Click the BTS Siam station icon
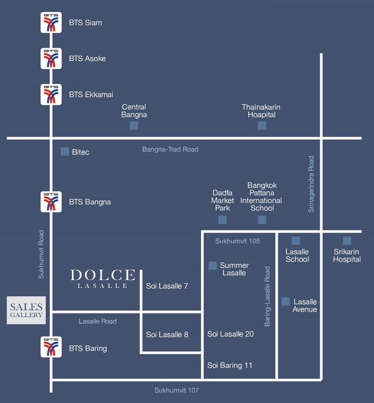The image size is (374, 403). (51, 22)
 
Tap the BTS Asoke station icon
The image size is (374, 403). (51, 58)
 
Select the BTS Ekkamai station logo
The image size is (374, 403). (51, 94)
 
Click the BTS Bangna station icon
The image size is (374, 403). (51, 202)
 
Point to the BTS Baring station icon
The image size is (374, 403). (51, 347)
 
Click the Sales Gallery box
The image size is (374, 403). (26, 310)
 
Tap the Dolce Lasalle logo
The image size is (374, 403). (103, 279)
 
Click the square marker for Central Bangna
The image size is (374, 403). (134, 125)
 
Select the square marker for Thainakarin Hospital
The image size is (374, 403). (262, 125)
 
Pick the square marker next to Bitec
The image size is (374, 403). (65, 152)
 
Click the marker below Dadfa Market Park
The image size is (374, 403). (223, 220)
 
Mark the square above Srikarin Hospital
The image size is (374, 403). (347, 241)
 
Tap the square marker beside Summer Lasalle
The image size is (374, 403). (212, 266)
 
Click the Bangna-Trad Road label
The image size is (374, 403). (170, 149)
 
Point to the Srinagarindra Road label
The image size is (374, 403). (311, 184)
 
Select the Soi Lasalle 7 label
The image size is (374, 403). (167, 286)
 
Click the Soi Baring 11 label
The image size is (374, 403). (230, 365)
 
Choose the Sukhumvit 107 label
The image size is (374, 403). (177, 390)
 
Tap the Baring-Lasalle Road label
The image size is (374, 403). (267, 296)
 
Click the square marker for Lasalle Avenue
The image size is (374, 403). (286, 302)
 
